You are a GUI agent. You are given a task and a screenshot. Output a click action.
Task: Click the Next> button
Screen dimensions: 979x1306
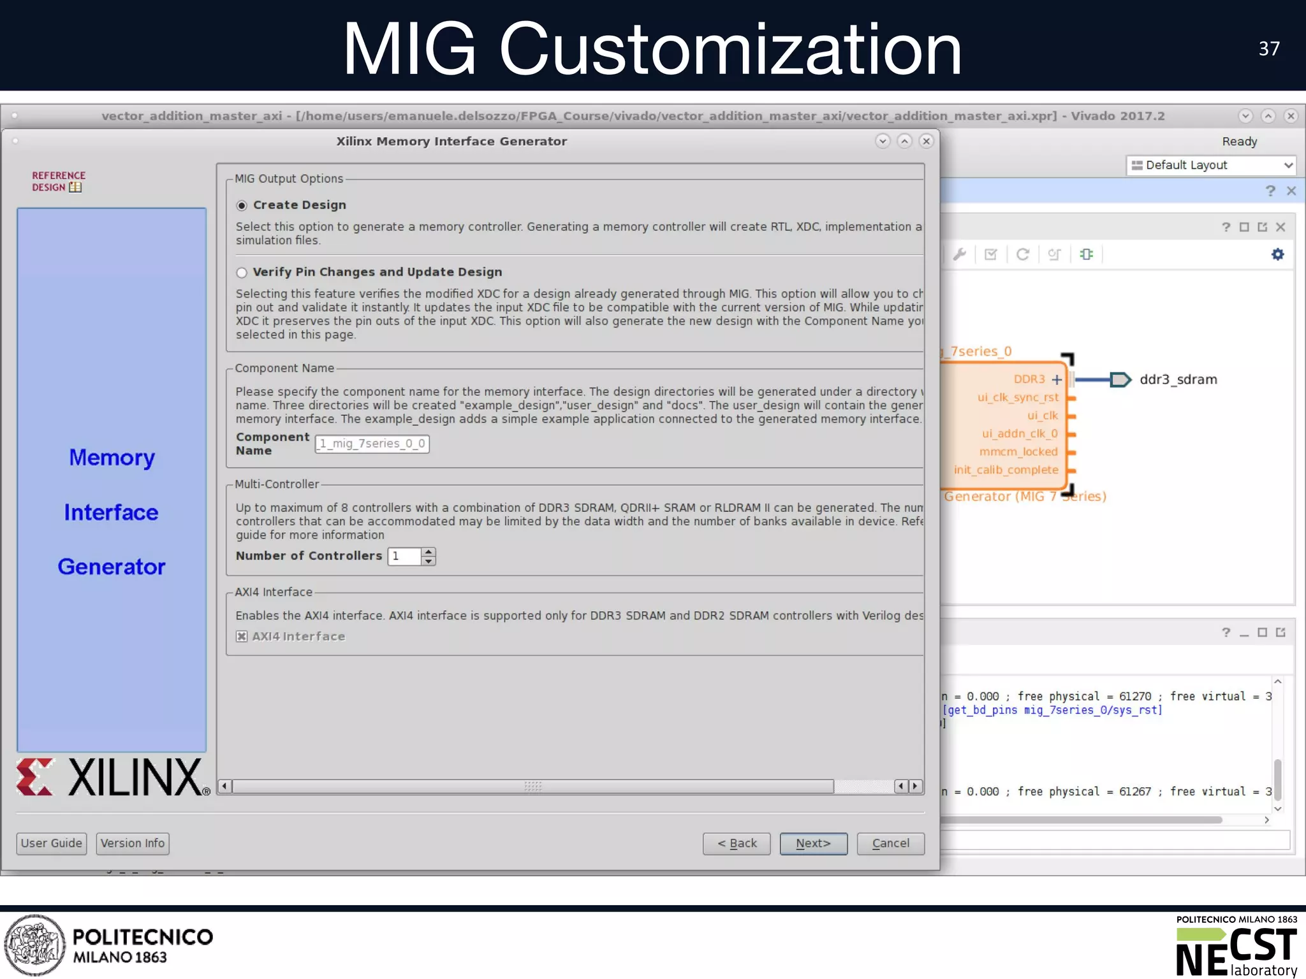click(813, 843)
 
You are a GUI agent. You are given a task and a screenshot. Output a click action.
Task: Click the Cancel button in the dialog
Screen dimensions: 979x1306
click(890, 843)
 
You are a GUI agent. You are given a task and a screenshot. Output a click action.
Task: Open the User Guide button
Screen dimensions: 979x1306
click(51, 843)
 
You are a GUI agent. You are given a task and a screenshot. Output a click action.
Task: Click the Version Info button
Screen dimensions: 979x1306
click(133, 843)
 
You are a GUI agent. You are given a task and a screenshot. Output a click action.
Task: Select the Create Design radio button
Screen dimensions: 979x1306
click(242, 205)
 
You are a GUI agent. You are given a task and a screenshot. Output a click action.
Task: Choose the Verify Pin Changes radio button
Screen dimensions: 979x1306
click(242, 273)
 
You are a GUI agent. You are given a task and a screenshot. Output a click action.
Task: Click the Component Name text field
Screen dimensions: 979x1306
click(372, 444)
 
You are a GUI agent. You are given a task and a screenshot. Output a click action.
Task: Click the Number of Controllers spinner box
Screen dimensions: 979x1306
click(405, 556)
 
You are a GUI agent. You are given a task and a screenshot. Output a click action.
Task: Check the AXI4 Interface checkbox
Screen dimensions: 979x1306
click(242, 636)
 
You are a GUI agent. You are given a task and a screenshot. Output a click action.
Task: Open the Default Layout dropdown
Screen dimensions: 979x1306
click(1212, 165)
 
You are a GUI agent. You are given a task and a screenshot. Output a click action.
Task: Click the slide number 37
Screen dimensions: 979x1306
click(1269, 48)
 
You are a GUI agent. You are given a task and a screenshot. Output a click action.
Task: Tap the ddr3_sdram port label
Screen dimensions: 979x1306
click(1178, 380)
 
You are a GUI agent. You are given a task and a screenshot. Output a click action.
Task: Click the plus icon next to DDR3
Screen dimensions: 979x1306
click(1057, 380)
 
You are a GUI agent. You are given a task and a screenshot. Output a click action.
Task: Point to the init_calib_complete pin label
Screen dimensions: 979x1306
click(1006, 470)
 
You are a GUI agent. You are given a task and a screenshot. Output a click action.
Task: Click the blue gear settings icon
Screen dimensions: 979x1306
click(1277, 254)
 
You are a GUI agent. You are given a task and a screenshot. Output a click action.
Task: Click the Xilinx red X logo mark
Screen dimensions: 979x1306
click(34, 777)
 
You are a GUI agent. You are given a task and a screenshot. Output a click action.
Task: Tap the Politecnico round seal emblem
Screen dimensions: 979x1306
click(35, 945)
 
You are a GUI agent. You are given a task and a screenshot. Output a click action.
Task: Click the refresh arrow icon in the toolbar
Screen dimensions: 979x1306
click(1022, 254)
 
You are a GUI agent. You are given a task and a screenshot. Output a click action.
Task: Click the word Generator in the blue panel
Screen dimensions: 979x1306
click(112, 567)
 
